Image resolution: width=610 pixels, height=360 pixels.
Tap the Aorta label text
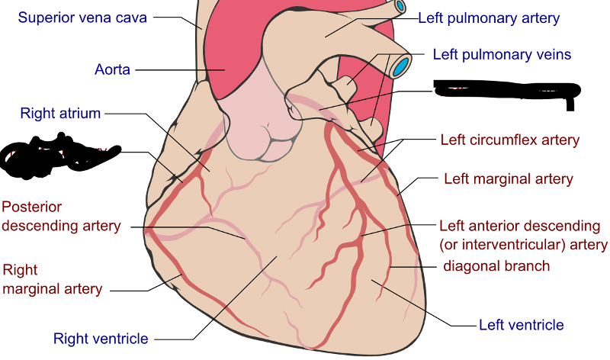[113, 69]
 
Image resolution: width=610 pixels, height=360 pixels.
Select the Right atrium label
[61, 114]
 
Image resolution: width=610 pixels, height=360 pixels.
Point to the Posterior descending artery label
[61, 217]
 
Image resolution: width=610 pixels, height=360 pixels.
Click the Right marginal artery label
[53, 279]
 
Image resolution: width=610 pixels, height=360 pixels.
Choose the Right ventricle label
[101, 338]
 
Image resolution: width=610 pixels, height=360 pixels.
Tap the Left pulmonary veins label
[502, 55]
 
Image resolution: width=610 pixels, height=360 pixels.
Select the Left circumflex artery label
[510, 140]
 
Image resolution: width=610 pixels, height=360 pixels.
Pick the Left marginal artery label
[508, 179]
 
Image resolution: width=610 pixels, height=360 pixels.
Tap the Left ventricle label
[522, 325]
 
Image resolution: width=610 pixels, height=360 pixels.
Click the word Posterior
[32, 207]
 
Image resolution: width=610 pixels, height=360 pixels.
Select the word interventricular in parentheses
[512, 245]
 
